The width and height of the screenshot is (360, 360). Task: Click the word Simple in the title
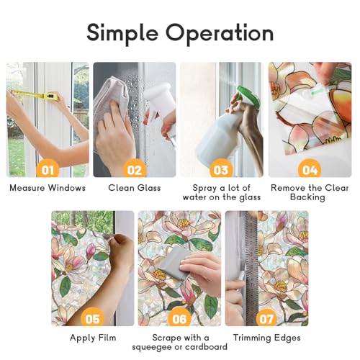(122, 33)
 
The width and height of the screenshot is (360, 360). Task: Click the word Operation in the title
(220, 32)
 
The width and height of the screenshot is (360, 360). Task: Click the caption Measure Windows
(48, 188)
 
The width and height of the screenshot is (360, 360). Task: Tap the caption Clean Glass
(135, 188)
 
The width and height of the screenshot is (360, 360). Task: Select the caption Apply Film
(93, 338)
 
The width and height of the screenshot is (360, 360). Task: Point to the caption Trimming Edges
(266, 338)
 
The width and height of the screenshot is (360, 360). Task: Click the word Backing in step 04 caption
(307, 197)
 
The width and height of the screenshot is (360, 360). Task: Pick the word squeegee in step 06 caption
(154, 347)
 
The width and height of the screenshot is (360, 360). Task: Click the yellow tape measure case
(51, 96)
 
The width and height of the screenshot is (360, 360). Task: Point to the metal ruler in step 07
(251, 268)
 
